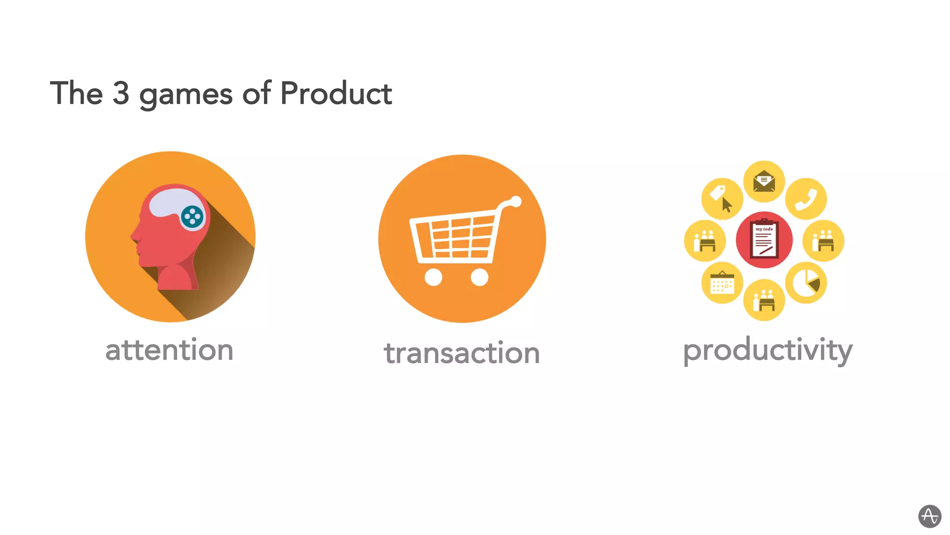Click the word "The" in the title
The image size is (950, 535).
pos(76,93)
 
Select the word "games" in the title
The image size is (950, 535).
pos(186,95)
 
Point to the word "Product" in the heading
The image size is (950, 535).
pos(336,93)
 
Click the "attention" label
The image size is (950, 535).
pos(169,350)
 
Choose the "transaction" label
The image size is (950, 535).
pos(462,353)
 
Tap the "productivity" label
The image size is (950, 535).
pos(768,350)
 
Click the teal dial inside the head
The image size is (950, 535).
pos(193,216)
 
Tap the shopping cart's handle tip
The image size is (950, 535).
pos(516,202)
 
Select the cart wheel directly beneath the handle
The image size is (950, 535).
pos(479,277)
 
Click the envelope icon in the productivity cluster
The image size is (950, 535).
pos(764,181)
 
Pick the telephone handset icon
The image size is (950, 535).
pos(806,199)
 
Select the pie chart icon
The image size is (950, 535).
pos(806,283)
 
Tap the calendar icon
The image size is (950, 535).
pos(722,283)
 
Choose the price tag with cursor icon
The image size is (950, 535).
pos(722,198)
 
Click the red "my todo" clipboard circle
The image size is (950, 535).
pos(764,240)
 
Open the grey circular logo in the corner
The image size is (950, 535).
pos(930,516)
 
